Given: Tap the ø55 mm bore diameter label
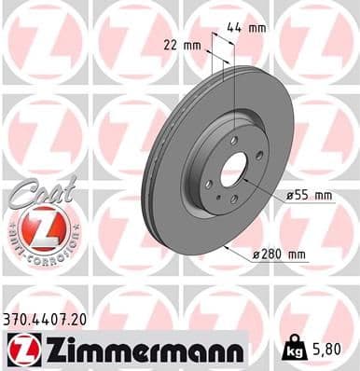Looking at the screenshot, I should pos(309,195).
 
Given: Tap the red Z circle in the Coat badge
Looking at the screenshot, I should pos(38,227).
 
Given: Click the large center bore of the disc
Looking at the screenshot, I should pos(232,168).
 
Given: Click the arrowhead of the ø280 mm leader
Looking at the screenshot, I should pos(226,246).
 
